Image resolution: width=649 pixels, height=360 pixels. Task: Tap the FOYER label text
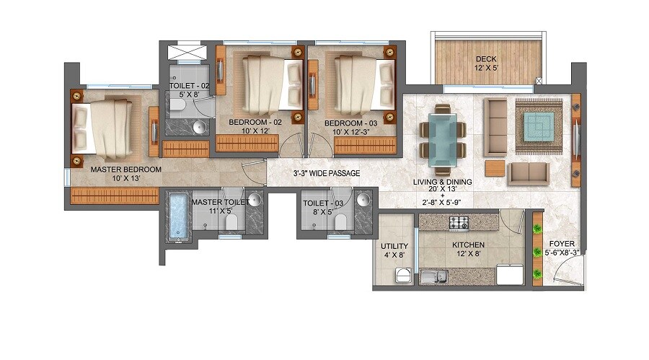pos(562,244)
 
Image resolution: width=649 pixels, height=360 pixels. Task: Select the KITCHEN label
pos(467,245)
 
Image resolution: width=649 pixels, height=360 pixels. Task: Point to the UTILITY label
pos(394,245)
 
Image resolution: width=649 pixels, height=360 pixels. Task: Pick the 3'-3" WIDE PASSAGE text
pos(327,173)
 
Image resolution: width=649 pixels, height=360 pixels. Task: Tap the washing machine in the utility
pos(405,276)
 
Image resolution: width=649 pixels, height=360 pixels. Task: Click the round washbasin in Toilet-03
pos(363,200)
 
